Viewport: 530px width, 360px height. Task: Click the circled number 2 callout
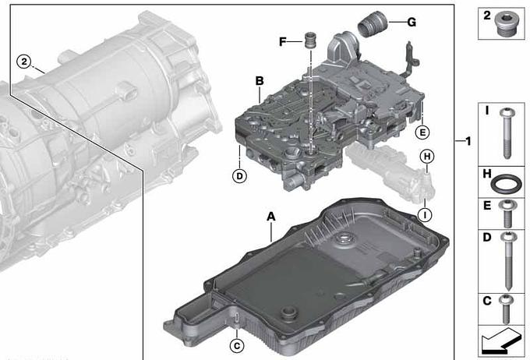[x=24, y=62]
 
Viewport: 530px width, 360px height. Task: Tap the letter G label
[x=412, y=23]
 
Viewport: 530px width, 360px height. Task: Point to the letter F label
[x=283, y=42]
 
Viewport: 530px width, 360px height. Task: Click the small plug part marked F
[x=310, y=41]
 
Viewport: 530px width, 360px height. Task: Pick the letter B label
[x=260, y=81]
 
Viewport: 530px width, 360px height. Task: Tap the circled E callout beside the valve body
[x=422, y=132]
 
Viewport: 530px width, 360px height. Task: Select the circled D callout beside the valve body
[x=239, y=176]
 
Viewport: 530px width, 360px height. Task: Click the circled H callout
[x=427, y=156]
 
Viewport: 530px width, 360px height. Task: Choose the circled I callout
[x=425, y=214]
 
